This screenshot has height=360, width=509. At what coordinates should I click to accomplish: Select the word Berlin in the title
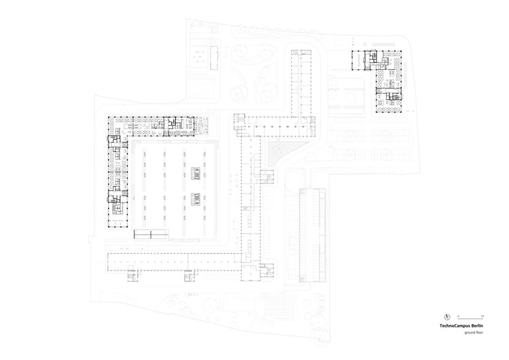pos(478,325)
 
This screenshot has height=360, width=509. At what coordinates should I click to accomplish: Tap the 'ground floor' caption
pos(474,332)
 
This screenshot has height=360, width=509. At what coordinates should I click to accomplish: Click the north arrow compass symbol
pos(447,317)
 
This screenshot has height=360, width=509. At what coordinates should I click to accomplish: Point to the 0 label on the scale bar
pos(458,316)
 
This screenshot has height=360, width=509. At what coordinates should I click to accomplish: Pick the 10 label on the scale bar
pos(483,316)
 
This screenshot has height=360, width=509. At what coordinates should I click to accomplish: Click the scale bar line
pos(471,319)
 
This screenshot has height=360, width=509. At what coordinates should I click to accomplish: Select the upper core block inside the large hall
pos(195,173)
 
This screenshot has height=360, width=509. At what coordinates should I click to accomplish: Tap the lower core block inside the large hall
pos(195,199)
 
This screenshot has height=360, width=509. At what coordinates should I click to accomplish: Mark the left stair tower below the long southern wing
pos(132,275)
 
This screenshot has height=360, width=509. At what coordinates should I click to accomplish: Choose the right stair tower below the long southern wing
pos(189,275)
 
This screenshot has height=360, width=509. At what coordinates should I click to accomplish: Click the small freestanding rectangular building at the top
pos(214,58)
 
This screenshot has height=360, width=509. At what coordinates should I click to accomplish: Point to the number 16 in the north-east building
pos(385,84)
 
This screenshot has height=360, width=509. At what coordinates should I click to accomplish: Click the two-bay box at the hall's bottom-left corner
pos(151,234)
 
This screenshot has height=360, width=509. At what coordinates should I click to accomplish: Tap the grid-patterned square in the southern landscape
pos(280,305)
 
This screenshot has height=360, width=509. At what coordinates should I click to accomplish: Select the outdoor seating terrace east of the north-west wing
pos(202,126)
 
